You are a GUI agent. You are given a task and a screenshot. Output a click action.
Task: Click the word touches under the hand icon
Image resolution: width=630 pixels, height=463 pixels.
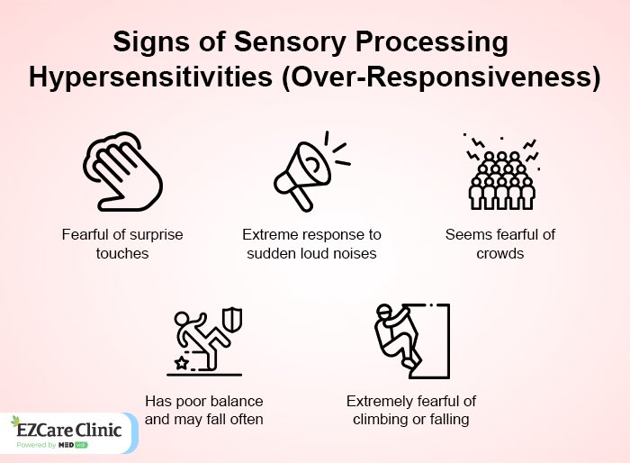click(x=121, y=253)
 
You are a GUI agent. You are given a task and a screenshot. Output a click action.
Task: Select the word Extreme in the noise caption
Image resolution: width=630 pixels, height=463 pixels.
click(x=269, y=234)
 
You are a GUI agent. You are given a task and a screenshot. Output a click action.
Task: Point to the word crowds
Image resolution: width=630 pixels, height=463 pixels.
click(x=500, y=253)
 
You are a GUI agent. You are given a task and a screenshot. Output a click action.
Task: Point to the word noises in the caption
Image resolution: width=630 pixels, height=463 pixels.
click(x=354, y=253)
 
